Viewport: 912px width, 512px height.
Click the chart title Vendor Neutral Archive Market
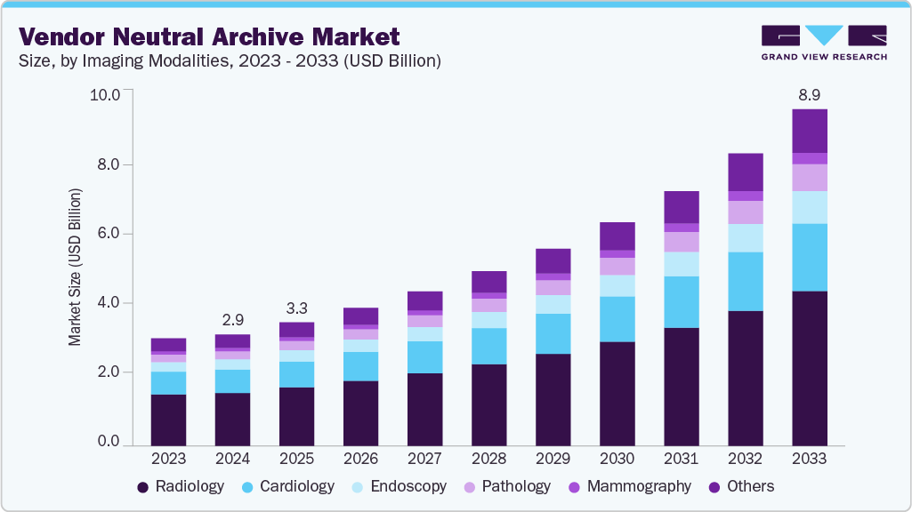210,36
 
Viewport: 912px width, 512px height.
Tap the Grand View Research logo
823,42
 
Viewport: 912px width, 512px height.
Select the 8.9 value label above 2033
809,95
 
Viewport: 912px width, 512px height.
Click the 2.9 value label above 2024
232,320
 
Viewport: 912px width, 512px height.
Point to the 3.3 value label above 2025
296,308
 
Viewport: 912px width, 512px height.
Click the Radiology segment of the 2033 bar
809,367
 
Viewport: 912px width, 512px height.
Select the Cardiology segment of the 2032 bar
745,281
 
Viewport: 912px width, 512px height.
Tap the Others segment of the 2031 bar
681,206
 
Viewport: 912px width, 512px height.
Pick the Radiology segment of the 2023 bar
168,419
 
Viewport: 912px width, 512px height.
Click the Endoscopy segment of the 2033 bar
809,207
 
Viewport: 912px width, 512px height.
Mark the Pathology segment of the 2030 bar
617,266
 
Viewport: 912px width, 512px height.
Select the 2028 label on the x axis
488,459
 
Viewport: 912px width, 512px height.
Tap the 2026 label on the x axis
360,459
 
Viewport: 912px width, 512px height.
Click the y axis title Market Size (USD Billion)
76,268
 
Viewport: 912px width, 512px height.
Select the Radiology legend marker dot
142,487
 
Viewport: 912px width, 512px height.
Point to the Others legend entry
740,486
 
